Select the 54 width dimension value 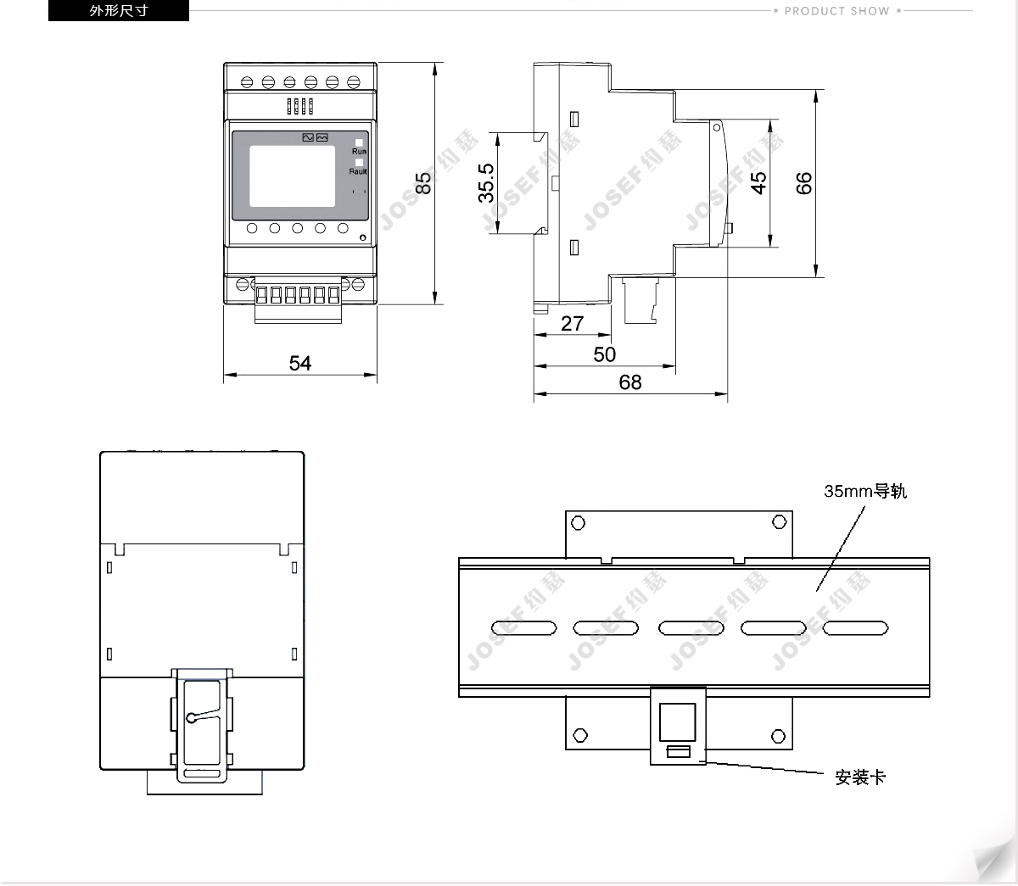pyautogui.click(x=300, y=363)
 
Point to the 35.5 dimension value pyautogui.click(x=486, y=182)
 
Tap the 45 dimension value pyautogui.click(x=758, y=182)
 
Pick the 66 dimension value pyautogui.click(x=804, y=182)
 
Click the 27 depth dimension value pyautogui.click(x=573, y=323)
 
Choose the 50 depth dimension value pyautogui.click(x=605, y=354)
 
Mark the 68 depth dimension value pyautogui.click(x=630, y=382)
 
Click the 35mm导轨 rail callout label pyautogui.click(x=865, y=491)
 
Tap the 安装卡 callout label pyautogui.click(x=860, y=777)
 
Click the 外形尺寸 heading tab pyautogui.click(x=119, y=11)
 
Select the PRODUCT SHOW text pyautogui.click(x=836, y=11)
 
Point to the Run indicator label pyautogui.click(x=360, y=152)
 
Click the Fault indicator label pyautogui.click(x=358, y=171)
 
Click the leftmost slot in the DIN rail pyautogui.click(x=523, y=628)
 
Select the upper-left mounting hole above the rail pyautogui.click(x=579, y=522)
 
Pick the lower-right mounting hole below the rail pyautogui.click(x=780, y=734)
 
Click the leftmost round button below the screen pyautogui.click(x=253, y=228)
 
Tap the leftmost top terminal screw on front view pyautogui.click(x=246, y=82)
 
